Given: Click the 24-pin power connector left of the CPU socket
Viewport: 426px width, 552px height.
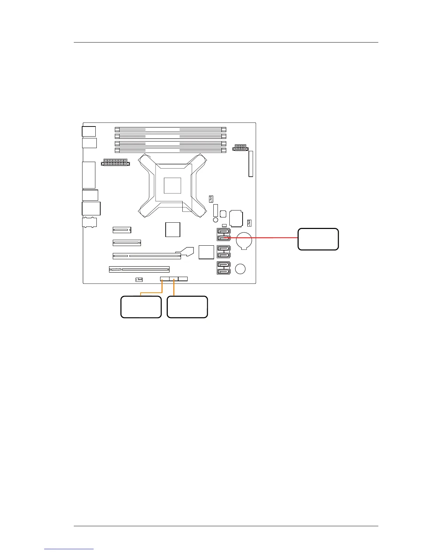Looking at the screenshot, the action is [x=115, y=162].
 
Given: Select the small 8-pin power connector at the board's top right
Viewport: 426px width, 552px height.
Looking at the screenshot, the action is [x=240, y=148].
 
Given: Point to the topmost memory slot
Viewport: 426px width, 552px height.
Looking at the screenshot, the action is [x=171, y=129].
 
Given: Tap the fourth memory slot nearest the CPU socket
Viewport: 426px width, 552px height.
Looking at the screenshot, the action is [x=171, y=150].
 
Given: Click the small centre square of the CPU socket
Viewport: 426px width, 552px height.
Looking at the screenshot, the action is [x=173, y=185].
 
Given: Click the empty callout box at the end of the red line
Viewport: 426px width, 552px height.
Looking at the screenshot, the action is [x=318, y=239].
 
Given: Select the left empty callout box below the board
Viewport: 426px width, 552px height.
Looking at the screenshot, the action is [x=141, y=307].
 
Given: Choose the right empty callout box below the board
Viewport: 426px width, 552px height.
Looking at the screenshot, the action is [x=187, y=307].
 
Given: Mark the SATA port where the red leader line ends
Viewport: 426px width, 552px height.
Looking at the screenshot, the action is [x=223, y=238].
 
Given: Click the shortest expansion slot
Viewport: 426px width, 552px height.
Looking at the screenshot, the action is [x=122, y=230].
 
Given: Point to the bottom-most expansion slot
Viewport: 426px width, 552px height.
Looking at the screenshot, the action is [x=139, y=269].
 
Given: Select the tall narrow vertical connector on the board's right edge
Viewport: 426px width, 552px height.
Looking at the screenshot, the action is [x=251, y=164].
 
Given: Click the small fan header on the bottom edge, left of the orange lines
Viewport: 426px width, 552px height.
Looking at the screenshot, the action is [x=139, y=279].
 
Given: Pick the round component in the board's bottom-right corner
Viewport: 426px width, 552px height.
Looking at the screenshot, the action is [x=240, y=269].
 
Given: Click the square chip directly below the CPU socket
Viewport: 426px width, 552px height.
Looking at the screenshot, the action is [x=173, y=230].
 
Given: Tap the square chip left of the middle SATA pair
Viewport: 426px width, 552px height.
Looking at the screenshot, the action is [x=206, y=252].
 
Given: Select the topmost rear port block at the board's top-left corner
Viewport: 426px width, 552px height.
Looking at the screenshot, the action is [x=89, y=131].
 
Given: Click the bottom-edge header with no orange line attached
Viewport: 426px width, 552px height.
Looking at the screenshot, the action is [x=183, y=279].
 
